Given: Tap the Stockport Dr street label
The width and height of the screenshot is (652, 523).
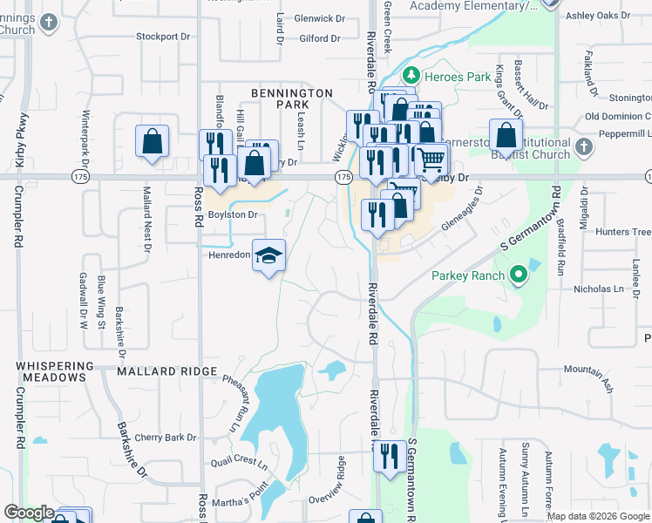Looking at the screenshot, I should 162,37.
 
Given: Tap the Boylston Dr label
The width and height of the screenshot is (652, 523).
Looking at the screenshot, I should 232,214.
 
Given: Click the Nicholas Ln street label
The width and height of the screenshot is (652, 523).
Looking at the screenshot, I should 600,289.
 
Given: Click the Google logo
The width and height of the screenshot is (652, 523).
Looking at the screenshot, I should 29,513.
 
